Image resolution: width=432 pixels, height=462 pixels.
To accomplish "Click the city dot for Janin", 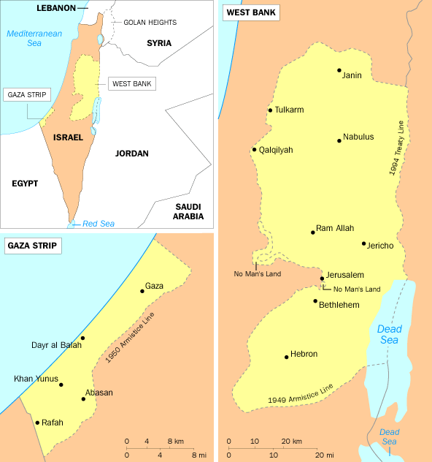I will (x=339, y=71).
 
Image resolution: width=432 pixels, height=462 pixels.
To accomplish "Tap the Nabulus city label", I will (x=358, y=137).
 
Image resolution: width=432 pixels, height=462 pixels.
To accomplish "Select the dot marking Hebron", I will (x=287, y=357).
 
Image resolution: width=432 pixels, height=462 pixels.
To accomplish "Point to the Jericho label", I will (x=379, y=246).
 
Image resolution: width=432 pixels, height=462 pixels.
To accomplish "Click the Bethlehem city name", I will (x=339, y=305).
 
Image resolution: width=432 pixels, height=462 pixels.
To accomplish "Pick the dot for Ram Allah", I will (x=313, y=232).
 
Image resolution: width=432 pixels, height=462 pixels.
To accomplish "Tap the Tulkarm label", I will (x=289, y=110).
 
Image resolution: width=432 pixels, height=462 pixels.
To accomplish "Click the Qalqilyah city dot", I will (x=254, y=150).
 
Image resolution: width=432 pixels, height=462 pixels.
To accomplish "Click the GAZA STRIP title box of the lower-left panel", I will (x=33, y=246).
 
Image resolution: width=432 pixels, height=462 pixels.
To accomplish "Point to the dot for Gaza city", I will (x=142, y=291).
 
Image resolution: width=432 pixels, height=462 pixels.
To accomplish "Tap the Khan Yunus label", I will (x=34, y=379).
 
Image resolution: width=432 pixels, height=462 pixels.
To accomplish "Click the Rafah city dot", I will (x=36, y=423).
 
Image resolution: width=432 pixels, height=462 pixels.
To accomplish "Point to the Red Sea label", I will (x=98, y=224).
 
